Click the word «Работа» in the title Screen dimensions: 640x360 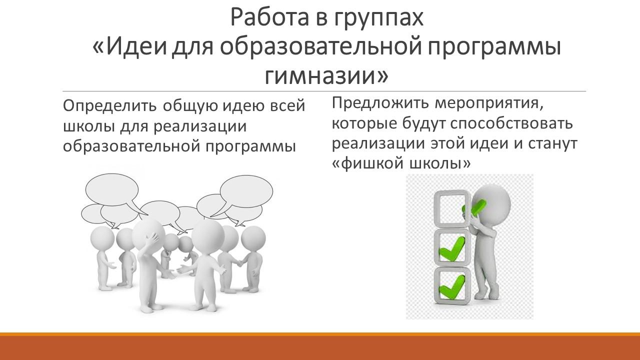[269, 17]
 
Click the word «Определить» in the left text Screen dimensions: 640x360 [109, 106]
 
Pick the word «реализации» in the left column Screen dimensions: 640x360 [200, 126]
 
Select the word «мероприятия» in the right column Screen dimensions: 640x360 [488, 104]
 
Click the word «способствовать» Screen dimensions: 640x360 [511, 123]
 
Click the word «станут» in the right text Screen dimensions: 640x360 [553, 144]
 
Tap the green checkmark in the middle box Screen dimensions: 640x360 [451, 248]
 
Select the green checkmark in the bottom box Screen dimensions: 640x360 [451, 286]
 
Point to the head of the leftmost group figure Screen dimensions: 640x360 [102, 238]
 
